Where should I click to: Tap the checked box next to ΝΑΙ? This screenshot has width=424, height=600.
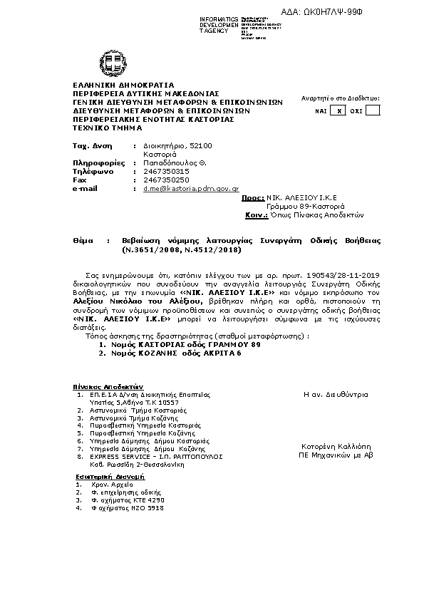click(x=340, y=110)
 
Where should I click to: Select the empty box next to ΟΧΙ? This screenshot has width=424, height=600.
click(x=372, y=110)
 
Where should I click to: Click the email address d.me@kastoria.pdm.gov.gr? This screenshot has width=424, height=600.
click(x=180, y=188)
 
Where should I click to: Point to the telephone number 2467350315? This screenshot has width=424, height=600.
click(x=166, y=171)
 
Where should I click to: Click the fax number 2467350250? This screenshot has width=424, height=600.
click(x=166, y=180)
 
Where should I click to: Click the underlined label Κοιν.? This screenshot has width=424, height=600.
click(x=256, y=214)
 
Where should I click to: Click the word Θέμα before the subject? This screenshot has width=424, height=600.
click(x=83, y=242)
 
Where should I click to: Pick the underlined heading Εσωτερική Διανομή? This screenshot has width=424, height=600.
click(x=110, y=475)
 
